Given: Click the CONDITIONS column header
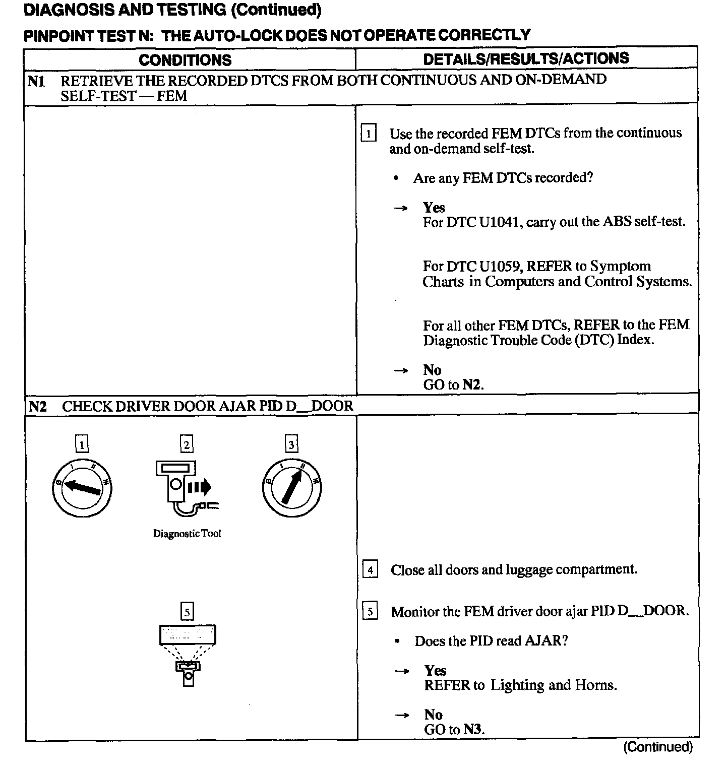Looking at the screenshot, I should [x=185, y=60].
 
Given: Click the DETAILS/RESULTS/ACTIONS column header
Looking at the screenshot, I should [x=526, y=58].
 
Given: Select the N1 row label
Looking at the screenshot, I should [x=36, y=81].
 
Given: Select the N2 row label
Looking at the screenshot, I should [x=37, y=406].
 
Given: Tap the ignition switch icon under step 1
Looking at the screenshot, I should [x=82, y=487].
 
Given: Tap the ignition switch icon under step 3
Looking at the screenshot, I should [x=292, y=487].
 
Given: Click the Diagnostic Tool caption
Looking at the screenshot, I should [x=187, y=534].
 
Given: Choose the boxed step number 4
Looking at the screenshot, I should [x=371, y=570].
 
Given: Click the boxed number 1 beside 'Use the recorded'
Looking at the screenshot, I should [x=369, y=134].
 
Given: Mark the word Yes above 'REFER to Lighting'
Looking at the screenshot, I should [x=435, y=671].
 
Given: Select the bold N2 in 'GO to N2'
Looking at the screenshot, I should [x=471, y=385].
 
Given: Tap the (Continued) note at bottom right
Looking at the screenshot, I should [x=657, y=747].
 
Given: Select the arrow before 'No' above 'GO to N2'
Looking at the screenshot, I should [x=401, y=371].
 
